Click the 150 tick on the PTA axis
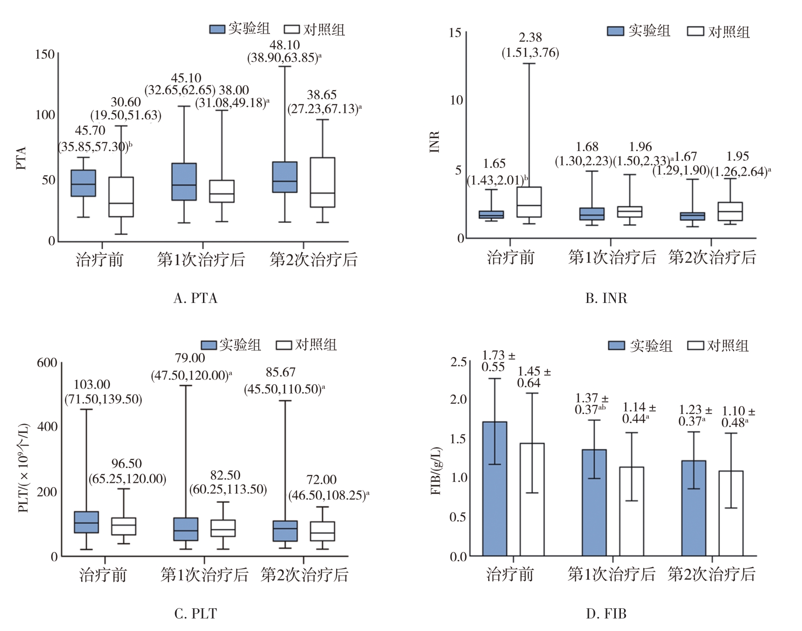point(45,54)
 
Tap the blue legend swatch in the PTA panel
point(217,29)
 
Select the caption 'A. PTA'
point(195,298)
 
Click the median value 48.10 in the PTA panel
point(285,45)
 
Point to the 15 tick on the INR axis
point(455,33)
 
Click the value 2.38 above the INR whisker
point(530,37)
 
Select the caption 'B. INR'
point(606,298)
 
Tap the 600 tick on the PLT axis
point(47,363)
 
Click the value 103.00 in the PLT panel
point(92,385)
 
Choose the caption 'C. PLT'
point(195,614)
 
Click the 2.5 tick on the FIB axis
point(458,362)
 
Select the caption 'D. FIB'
point(606,614)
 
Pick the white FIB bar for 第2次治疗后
point(731,513)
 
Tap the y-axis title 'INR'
point(435,142)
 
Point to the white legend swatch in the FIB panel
point(695,346)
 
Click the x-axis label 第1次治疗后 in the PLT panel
point(204,575)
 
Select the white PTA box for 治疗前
point(121,197)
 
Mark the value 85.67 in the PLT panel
point(280,372)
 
